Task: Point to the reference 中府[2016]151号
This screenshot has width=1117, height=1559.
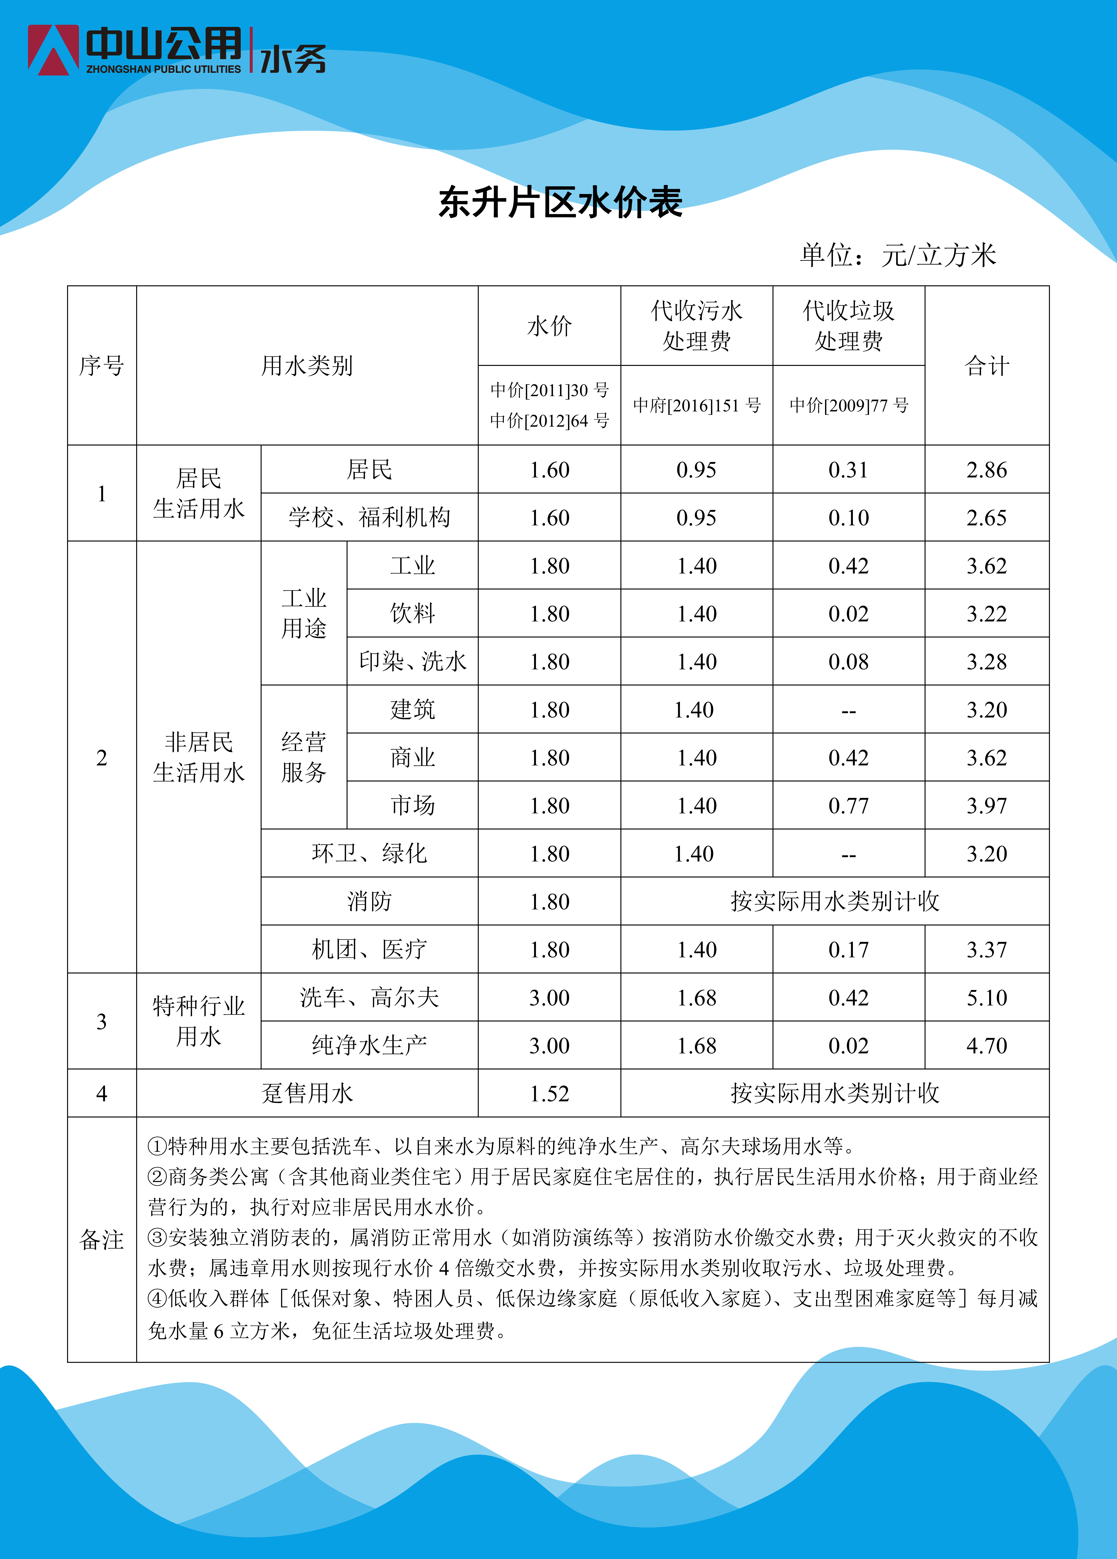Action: point(696,406)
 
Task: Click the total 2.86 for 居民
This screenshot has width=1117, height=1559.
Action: point(986,470)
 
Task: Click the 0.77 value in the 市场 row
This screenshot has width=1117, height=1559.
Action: point(848,806)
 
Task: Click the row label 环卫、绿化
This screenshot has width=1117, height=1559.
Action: point(369,854)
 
